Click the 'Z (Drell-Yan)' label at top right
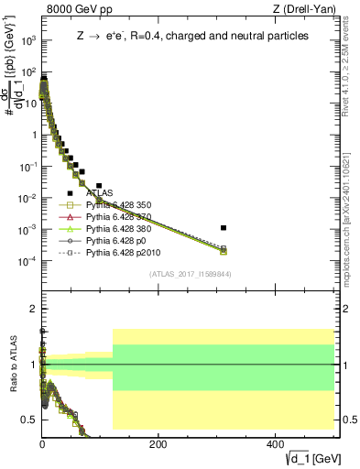click(307, 10)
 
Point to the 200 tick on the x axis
click(158, 442)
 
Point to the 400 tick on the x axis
click(275, 442)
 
